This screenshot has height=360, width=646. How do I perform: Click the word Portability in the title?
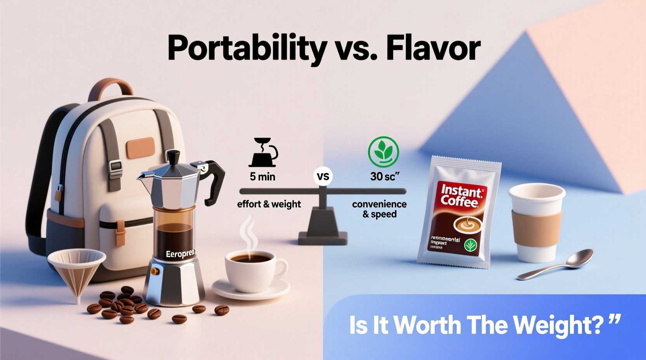coord(247,48)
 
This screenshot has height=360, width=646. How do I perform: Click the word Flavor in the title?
coord(433,48)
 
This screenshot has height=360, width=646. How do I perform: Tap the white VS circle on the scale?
coord(323,177)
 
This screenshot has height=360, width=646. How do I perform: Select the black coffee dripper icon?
coord(264,152)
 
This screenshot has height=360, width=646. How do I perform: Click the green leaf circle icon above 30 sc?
coord(383,152)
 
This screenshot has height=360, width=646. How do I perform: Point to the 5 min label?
coord(262,177)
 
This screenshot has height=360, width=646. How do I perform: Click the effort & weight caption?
coord(269,204)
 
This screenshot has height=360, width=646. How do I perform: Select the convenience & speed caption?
coord(379,209)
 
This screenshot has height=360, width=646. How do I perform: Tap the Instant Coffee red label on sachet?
coord(461,196)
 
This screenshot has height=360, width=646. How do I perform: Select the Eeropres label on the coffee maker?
coord(180,254)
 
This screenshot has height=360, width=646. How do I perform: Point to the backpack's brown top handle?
coord(110,87)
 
